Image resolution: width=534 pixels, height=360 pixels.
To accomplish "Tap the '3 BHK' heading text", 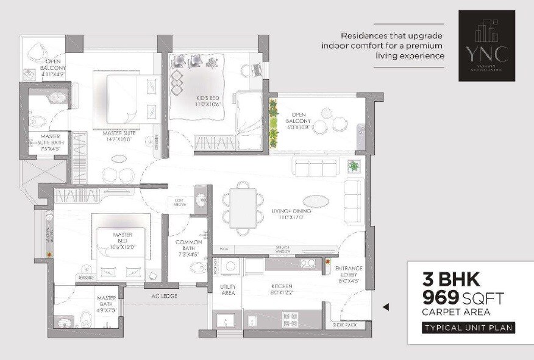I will point(451,281).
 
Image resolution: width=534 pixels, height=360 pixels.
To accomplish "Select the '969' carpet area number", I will point(444,298).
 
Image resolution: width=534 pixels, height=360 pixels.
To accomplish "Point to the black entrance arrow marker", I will point(385,308).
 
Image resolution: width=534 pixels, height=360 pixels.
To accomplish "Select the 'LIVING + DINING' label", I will point(291,211).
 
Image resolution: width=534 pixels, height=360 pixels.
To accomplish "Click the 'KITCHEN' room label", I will point(282,286).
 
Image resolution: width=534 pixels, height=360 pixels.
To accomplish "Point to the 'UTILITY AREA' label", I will point(227,289).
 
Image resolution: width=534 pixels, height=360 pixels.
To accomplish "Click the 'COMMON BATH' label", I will point(188,245).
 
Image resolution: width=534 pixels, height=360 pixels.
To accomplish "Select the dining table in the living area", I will point(243,208).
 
